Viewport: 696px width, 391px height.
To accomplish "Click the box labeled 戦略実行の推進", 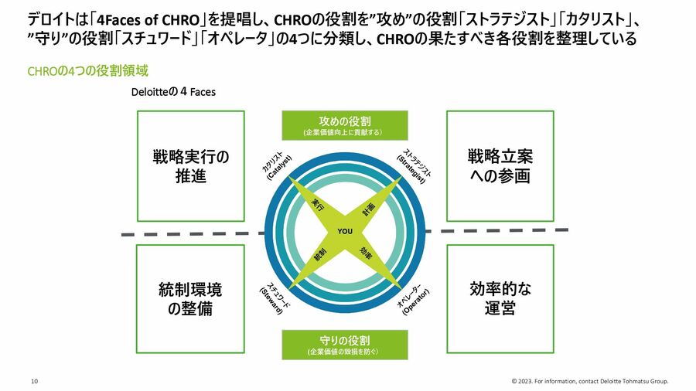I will pyautogui.click(x=190, y=166).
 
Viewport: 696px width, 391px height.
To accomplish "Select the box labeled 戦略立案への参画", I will pyautogui.click(x=500, y=166).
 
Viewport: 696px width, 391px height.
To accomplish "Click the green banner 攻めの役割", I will pyautogui.click(x=344, y=126).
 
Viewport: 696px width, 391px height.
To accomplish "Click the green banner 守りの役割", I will pyautogui.click(x=344, y=345).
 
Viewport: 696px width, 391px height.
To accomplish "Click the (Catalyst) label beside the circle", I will pyautogui.click(x=276, y=165).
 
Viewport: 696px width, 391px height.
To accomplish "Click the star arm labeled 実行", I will pyautogui.click(x=318, y=205).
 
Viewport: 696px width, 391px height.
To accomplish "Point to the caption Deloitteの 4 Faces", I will pyautogui.click(x=174, y=92).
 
